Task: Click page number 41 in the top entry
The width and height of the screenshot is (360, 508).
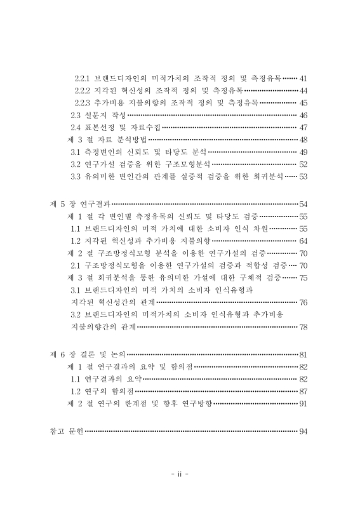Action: [x=303, y=79]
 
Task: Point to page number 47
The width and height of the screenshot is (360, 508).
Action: [x=303, y=128]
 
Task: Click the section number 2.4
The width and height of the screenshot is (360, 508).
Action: [x=75, y=128]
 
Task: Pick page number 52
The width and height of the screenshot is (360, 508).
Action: [x=303, y=164]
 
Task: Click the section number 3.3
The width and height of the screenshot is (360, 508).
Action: [x=75, y=176]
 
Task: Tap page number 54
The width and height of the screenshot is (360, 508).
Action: [x=303, y=204]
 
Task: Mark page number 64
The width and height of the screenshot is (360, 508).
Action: [x=303, y=241]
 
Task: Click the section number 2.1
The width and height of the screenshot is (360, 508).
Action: [x=75, y=265]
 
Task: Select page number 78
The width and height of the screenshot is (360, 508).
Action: [x=303, y=327]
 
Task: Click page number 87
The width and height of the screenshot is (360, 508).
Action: [x=303, y=391]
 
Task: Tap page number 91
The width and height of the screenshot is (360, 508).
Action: [x=303, y=403]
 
